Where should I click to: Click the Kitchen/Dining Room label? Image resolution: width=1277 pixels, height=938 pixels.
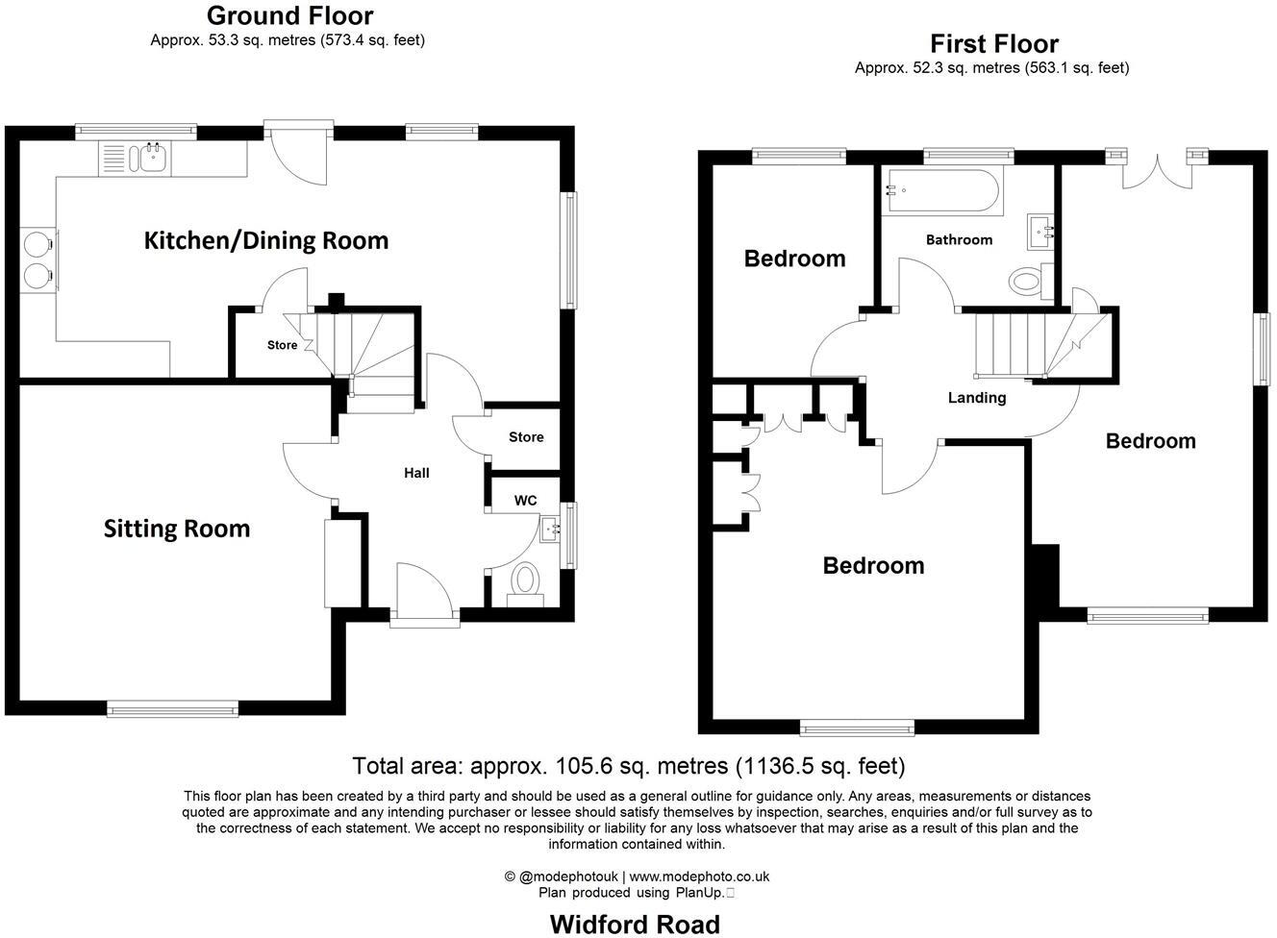(266, 240)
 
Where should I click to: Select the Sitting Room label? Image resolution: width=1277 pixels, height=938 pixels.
(177, 529)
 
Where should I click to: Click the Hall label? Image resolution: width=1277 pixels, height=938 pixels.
(416, 473)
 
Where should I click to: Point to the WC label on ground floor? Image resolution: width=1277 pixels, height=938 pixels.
(525, 501)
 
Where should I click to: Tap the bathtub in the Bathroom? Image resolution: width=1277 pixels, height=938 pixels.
(943, 192)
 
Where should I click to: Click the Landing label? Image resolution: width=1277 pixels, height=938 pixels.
(977, 398)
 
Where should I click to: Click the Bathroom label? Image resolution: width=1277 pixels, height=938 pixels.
(959, 239)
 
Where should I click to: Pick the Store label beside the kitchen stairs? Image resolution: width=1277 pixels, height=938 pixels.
(282, 345)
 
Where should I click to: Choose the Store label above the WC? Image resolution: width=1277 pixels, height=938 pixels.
(526, 437)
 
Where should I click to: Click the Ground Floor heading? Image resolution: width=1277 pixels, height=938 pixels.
(289, 15)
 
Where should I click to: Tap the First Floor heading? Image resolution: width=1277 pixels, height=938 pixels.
(994, 44)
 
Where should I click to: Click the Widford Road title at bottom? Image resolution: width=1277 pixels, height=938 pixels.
(635, 925)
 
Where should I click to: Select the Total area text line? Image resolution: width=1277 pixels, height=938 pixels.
(629, 766)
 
